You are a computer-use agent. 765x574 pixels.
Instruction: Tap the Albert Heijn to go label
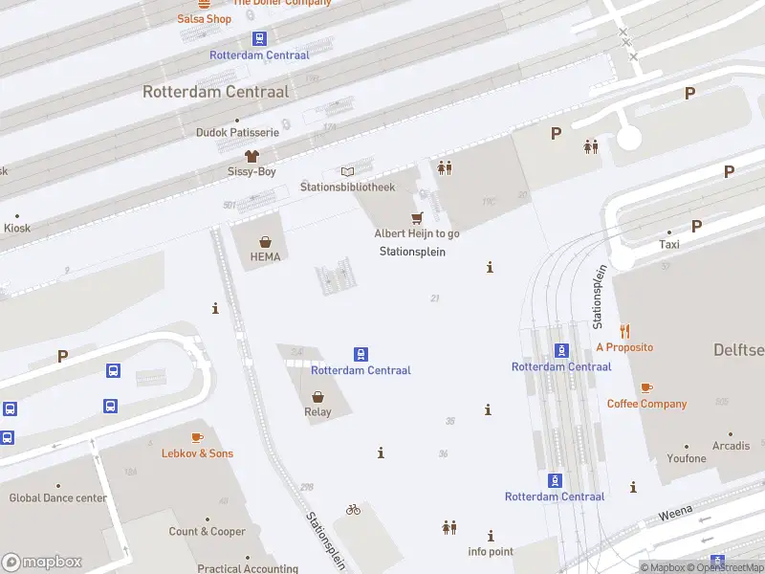coord(416,233)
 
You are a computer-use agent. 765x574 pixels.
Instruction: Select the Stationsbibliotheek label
coord(347,187)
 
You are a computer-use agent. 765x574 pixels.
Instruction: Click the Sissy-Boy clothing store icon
coord(251,155)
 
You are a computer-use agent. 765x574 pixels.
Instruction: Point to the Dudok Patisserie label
coord(237,132)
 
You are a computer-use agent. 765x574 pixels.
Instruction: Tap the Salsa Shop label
coord(204,19)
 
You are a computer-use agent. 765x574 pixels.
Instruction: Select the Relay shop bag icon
coord(317,396)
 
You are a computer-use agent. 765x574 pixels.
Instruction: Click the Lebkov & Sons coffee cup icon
coord(197,437)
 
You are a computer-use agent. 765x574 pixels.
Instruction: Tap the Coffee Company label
coord(646,404)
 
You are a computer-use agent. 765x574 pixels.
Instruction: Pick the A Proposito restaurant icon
coord(624,331)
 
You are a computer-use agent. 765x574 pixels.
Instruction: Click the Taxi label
coord(668,245)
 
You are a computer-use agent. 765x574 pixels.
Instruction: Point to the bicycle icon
coord(353,510)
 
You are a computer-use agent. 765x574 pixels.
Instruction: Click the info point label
coord(491,551)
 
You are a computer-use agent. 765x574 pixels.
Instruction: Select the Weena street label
coord(675,515)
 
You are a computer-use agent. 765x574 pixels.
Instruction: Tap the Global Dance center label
coord(57,497)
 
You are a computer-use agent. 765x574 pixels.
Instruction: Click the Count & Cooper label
coord(208,532)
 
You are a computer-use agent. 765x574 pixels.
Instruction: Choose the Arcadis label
coord(731,446)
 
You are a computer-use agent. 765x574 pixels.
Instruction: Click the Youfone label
coord(687,458)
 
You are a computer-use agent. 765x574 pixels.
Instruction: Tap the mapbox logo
coord(43,563)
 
